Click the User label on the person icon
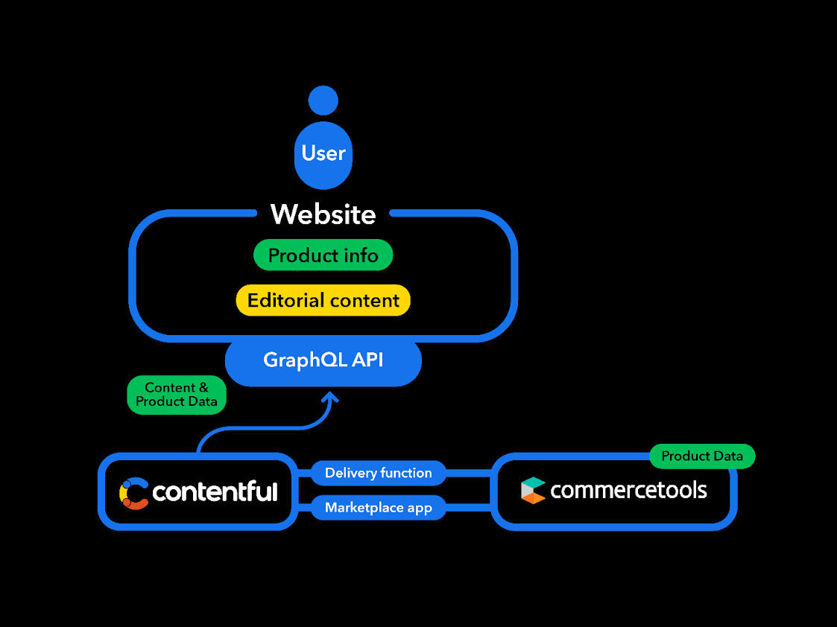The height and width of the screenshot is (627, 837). click(x=323, y=153)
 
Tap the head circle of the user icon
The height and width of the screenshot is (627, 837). click(x=323, y=101)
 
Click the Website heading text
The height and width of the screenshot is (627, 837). click(x=323, y=214)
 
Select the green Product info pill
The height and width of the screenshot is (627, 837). click(x=323, y=255)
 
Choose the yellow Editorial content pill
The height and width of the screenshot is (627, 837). click(x=323, y=300)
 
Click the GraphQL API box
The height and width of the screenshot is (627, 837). click(x=323, y=361)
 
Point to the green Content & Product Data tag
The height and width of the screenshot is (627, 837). click(x=177, y=395)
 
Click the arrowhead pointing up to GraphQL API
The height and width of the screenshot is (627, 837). click(x=330, y=397)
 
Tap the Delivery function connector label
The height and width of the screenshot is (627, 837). click(x=379, y=473)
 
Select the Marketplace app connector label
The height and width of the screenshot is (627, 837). click(x=379, y=508)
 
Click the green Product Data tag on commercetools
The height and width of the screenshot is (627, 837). click(x=702, y=456)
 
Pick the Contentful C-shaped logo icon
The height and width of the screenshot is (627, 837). click(x=133, y=493)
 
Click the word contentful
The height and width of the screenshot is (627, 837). click(x=215, y=491)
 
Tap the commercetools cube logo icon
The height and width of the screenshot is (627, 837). click(x=533, y=491)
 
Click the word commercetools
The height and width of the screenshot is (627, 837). click(x=628, y=490)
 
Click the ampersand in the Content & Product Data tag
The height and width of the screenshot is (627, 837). click(x=203, y=388)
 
